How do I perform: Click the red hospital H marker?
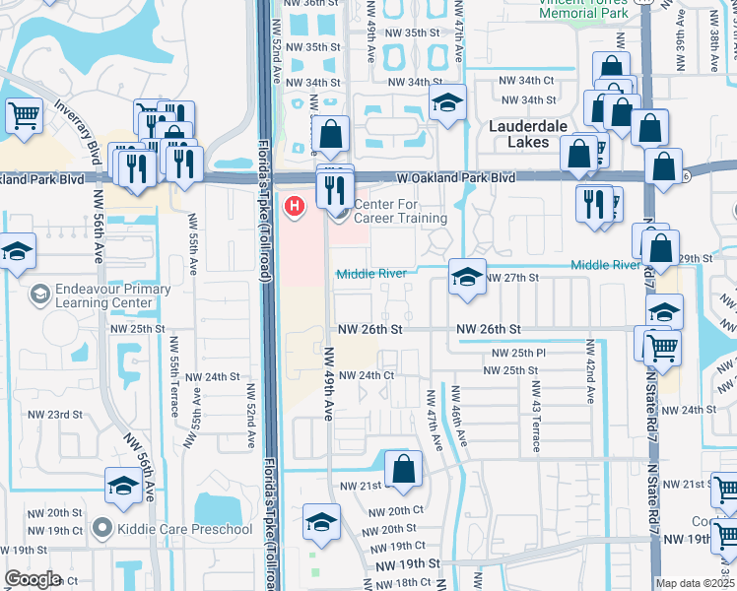tap(293, 206)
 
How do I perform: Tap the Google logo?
tap(32, 579)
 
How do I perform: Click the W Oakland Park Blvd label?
tap(456, 178)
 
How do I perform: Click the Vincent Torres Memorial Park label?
tap(584, 8)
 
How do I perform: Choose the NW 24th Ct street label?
tap(367, 375)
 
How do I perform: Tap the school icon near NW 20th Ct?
tap(321, 522)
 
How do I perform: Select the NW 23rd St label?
tap(55, 415)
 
